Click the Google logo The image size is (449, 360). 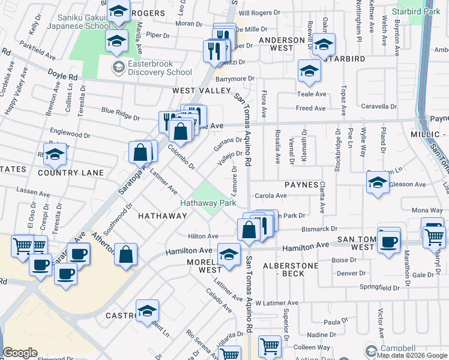(x=20, y=353)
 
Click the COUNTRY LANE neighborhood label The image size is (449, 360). (x=71, y=173)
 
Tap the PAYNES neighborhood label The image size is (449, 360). (x=301, y=185)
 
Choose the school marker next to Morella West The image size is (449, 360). (x=229, y=254)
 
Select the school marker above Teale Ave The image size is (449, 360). (x=310, y=71)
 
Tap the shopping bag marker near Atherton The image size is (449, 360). (x=125, y=254)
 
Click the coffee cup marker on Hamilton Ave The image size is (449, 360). (x=389, y=241)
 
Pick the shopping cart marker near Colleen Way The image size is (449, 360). (x=270, y=346)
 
